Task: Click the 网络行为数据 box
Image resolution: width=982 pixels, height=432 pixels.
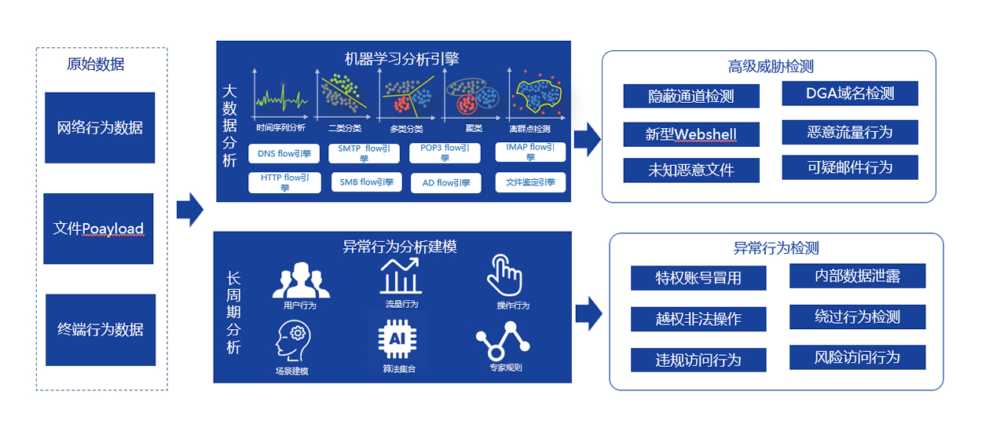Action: coord(100,127)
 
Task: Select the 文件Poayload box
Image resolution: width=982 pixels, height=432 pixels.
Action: coord(98,229)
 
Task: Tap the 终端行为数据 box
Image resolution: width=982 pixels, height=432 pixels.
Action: coord(101,329)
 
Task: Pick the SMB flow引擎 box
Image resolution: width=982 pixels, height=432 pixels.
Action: coord(365,182)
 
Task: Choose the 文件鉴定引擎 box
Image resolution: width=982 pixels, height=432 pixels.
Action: coord(530,182)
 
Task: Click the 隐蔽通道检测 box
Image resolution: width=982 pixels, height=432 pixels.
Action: coord(691,96)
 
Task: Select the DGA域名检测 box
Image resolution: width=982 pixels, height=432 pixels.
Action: coord(850,93)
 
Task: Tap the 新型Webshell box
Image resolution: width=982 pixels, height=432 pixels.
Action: coord(691,134)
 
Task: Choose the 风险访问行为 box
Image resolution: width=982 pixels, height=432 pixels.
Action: coord(857,357)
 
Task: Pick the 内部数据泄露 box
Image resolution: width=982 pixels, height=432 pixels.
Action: coord(857,276)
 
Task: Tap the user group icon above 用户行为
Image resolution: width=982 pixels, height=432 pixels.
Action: coord(301,280)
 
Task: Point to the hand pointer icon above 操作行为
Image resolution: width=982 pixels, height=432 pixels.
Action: coord(504,275)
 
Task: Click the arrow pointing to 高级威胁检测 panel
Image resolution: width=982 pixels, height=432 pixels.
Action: coord(587,139)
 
